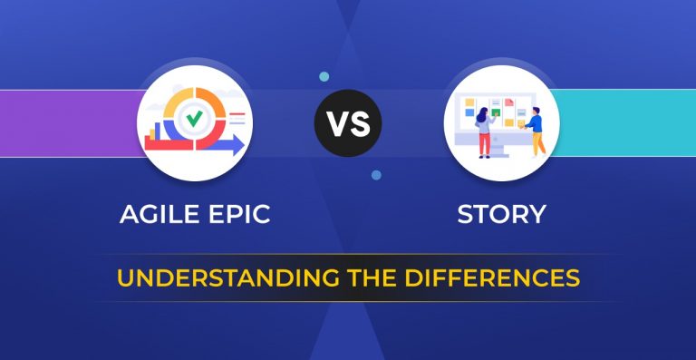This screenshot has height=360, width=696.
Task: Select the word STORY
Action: tap(501, 215)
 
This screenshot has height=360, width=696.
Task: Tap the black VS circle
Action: tap(348, 123)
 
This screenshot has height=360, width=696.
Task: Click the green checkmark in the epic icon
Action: tap(193, 118)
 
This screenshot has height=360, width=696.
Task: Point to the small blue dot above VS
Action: tap(324, 77)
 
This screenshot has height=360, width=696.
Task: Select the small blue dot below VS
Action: tap(376, 174)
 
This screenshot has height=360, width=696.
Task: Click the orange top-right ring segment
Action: tap(212, 97)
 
